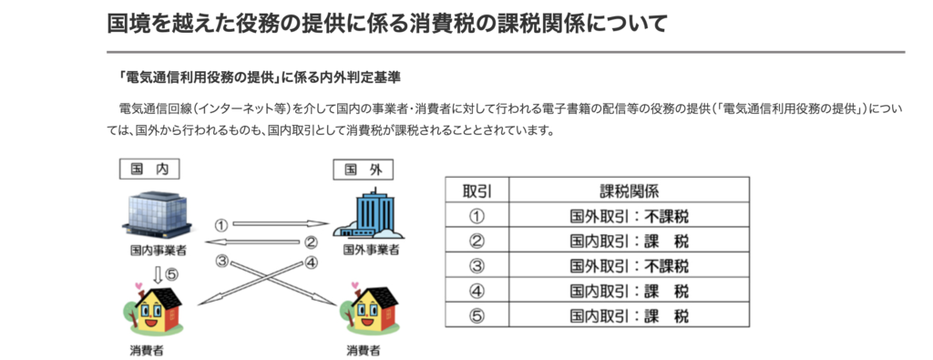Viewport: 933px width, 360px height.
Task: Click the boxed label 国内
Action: (149, 170)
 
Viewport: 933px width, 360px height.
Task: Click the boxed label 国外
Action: (363, 170)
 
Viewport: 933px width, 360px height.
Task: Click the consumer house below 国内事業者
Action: (154, 311)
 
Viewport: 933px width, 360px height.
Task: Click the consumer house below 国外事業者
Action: (370, 311)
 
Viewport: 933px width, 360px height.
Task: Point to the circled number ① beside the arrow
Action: (221, 225)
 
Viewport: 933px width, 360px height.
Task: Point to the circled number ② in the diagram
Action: (312, 242)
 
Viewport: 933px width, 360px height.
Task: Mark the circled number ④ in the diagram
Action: (312, 262)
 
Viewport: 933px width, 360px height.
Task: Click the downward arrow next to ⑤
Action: (158, 274)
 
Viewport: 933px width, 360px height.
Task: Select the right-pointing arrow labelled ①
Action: (281, 224)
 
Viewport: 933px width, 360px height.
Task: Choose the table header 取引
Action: (477, 190)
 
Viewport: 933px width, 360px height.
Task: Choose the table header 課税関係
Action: (629, 190)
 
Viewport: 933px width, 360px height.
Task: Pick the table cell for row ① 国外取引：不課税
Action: (629, 215)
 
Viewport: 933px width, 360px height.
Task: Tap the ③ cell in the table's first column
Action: (477, 265)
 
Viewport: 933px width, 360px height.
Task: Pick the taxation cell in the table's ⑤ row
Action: (629, 315)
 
